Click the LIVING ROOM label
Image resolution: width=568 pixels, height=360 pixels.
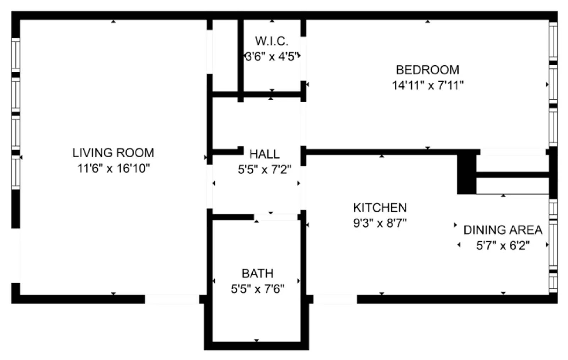113,153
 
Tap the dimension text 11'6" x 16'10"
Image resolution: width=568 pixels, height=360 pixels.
113,168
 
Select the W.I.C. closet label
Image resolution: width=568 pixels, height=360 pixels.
272,41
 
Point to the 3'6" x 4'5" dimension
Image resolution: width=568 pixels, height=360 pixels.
272,56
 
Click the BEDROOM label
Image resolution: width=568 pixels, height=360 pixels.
427,70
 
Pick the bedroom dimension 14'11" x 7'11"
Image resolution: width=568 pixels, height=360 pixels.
427,86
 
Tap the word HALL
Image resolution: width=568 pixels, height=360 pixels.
264,154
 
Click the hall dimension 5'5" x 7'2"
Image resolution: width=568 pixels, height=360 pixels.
264,170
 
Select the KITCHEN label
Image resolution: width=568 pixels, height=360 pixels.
380,208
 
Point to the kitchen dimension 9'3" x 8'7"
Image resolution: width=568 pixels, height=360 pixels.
380,223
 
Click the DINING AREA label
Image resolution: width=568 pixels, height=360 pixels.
503,230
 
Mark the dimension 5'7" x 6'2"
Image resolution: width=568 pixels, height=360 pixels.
503,245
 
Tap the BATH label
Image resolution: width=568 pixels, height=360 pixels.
257,273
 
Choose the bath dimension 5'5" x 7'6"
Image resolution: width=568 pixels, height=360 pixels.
257,289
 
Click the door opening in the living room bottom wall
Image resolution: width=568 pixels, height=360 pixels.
172,299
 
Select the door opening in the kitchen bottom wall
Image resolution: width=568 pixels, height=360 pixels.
335,299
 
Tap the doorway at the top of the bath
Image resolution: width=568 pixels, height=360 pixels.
276,217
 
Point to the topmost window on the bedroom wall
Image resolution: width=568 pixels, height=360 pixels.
553,41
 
